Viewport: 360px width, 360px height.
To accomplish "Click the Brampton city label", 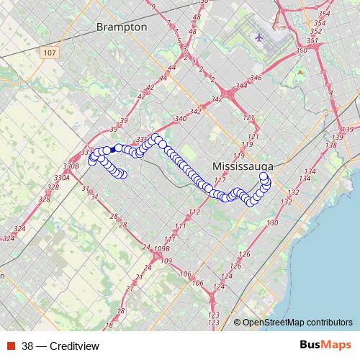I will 121,27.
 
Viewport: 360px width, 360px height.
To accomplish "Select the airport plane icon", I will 259,37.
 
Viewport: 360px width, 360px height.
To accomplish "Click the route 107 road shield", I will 49,53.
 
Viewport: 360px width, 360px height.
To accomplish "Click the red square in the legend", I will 12,346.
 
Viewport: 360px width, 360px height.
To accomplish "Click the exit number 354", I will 323,14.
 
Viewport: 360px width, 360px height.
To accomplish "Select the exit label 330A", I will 61,177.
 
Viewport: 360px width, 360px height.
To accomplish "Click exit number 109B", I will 162,249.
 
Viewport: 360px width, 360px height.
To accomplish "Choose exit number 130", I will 272,224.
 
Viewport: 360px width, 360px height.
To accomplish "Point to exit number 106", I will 186,274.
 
